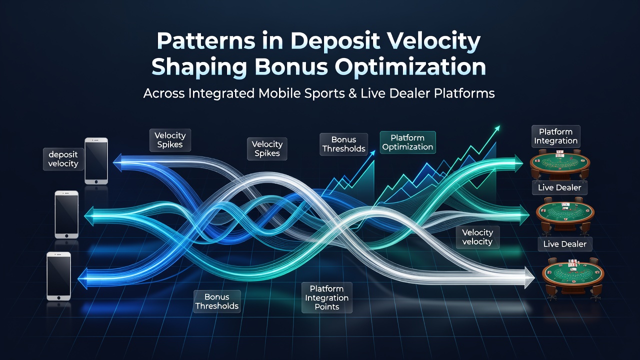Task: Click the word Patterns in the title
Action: (x=206, y=41)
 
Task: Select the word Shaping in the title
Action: (x=199, y=68)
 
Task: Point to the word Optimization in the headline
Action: (x=410, y=67)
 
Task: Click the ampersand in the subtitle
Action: (x=352, y=93)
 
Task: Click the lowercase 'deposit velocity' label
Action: (x=63, y=159)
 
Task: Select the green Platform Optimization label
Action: (x=407, y=142)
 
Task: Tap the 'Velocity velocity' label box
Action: (x=477, y=237)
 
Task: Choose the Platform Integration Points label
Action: (x=327, y=297)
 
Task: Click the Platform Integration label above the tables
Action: (x=555, y=136)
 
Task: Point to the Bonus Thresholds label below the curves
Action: (x=217, y=301)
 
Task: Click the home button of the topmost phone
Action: (x=96, y=181)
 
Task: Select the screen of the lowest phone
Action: (x=58, y=276)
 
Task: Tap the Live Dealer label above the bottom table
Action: (x=565, y=244)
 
